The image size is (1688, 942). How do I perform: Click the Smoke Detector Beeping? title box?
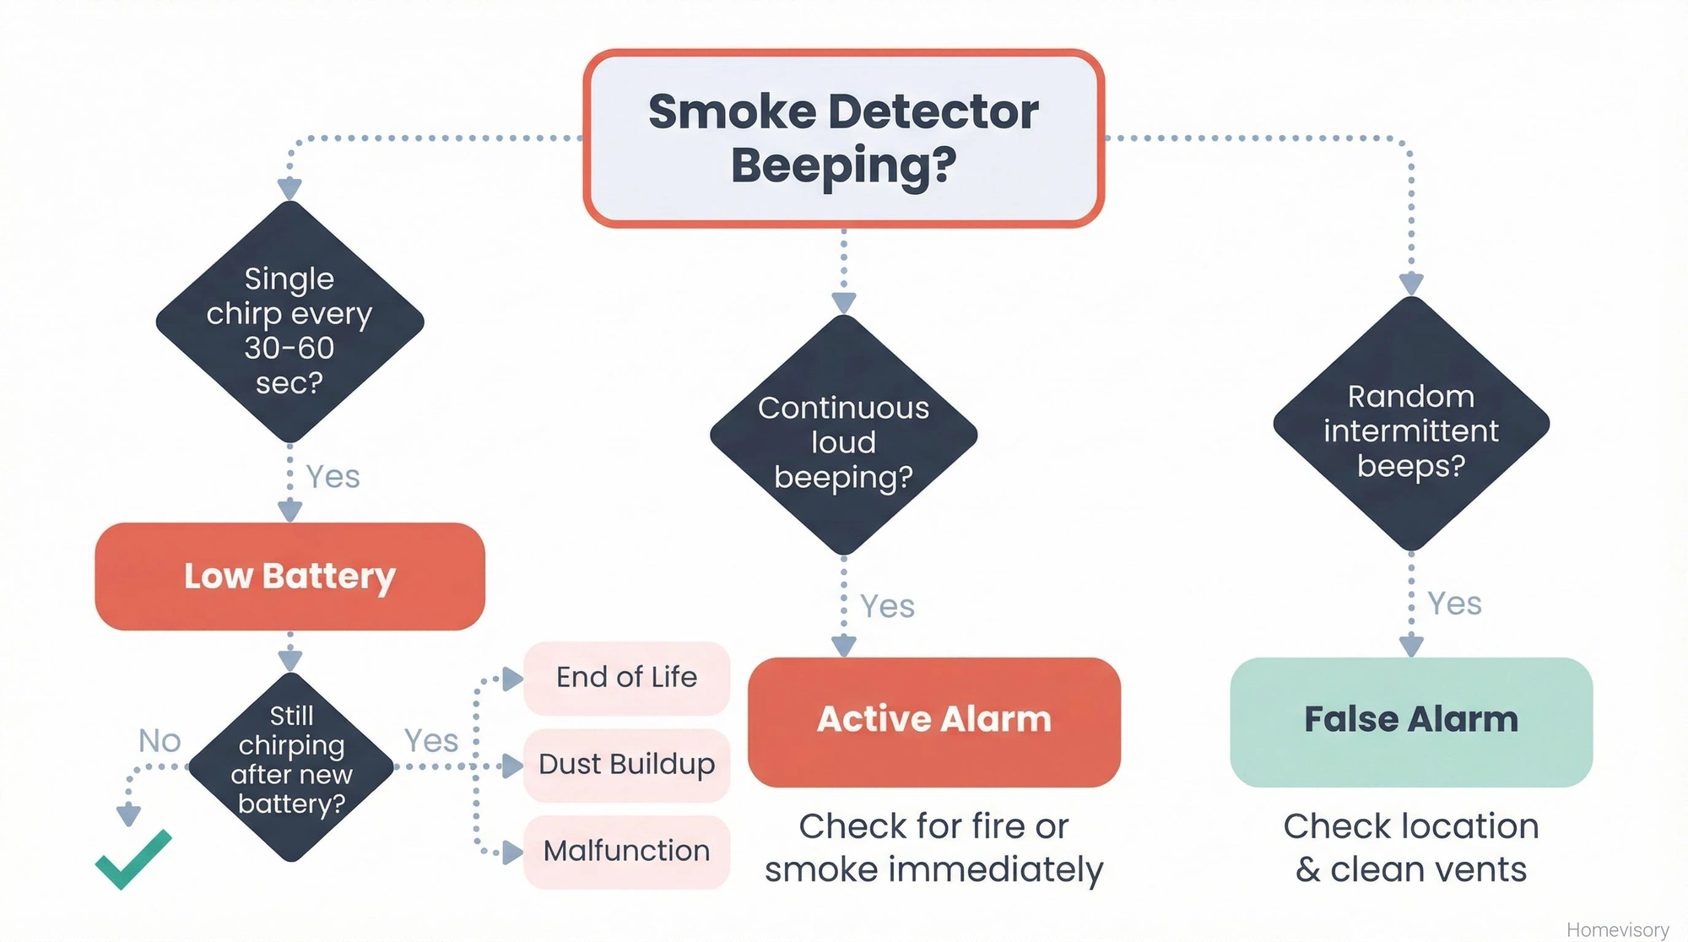tap(843, 138)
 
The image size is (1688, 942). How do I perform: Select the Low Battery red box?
tap(289, 577)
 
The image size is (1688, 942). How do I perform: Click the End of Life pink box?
tap(626, 678)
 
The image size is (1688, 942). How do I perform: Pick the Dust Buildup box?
tap(626, 765)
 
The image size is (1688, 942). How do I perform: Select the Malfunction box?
tap(626, 851)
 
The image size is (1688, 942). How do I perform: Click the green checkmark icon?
tap(133, 860)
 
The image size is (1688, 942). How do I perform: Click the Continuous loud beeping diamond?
tap(843, 436)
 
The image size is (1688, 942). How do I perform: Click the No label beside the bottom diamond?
tap(160, 741)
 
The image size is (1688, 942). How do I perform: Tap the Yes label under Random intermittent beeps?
tap(1453, 604)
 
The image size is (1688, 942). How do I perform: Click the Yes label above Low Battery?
tap(333, 478)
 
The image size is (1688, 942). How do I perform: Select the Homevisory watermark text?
tap(1617, 929)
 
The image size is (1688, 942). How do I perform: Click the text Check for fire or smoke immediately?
tap(933, 848)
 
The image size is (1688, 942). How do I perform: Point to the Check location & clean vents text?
tap(1410, 848)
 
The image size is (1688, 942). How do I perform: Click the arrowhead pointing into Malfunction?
tap(512, 853)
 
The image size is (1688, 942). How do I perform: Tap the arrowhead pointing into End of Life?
tap(512, 679)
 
